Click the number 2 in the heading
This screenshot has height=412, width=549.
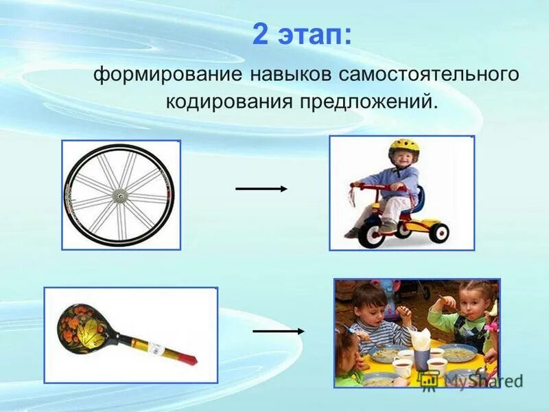click(259, 35)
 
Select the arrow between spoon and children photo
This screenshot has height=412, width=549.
click(278, 331)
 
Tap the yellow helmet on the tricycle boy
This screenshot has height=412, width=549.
click(403, 146)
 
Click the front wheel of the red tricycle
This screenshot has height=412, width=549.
click(372, 233)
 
